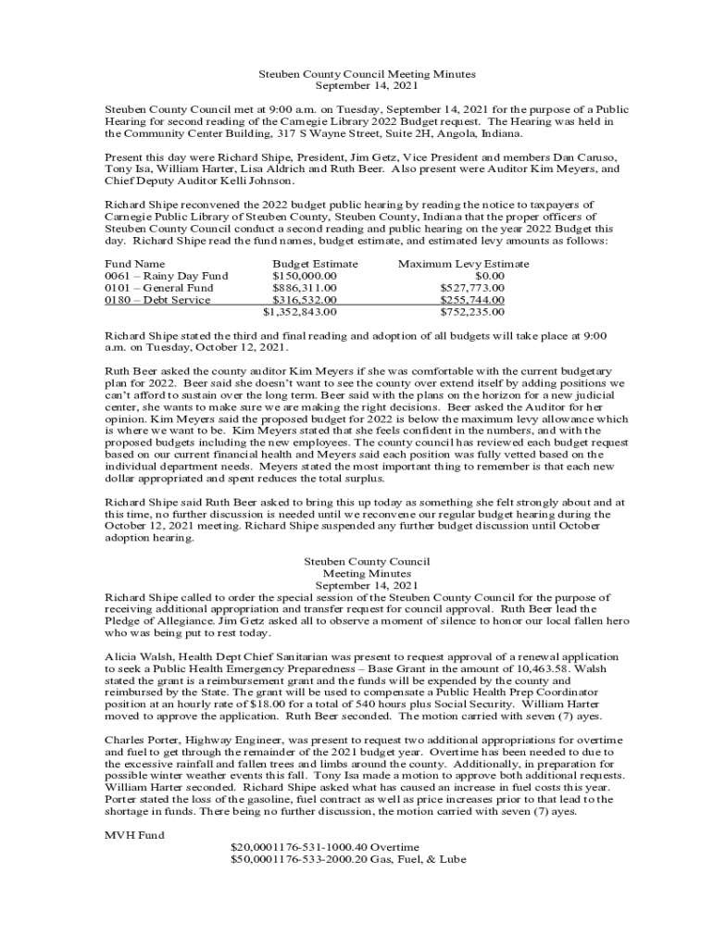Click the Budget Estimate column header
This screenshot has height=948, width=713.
click(x=315, y=264)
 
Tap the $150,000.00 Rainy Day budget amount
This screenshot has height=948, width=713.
click(x=304, y=276)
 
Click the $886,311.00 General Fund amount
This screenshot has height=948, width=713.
click(x=304, y=288)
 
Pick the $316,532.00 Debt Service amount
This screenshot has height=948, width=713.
click(x=304, y=300)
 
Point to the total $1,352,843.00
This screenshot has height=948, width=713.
click(x=300, y=312)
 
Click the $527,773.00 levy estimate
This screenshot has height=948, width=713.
click(x=472, y=288)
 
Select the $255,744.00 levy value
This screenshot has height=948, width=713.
click(x=472, y=300)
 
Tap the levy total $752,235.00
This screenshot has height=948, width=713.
click(x=472, y=312)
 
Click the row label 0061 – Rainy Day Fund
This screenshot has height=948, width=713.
click(x=167, y=276)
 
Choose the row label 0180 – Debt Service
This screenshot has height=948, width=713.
click(x=157, y=300)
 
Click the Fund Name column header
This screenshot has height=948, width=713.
click(x=135, y=264)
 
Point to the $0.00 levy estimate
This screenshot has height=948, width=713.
click(x=489, y=276)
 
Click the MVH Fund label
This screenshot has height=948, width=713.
click(x=135, y=835)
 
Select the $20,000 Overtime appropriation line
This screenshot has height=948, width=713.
click(x=324, y=847)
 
